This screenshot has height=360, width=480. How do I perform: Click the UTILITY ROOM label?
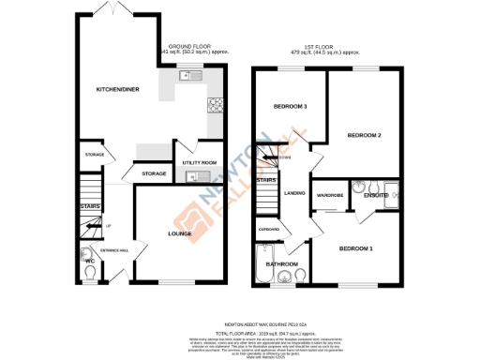200,163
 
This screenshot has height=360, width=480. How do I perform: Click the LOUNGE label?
180,233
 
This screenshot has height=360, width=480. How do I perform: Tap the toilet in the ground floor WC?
87,273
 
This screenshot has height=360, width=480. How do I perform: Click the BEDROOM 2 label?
364,135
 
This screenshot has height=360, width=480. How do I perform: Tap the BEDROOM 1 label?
356,248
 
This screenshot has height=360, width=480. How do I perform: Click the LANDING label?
296,194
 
